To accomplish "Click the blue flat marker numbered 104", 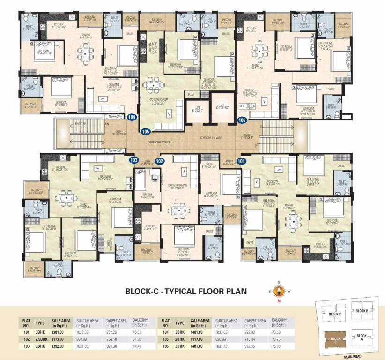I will [x=132, y=118].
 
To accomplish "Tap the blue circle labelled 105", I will [x=145, y=132].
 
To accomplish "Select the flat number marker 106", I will [x=242, y=120].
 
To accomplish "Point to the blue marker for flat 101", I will [x=241, y=161].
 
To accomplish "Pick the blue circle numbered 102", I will [x=160, y=161].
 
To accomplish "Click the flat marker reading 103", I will [x=134, y=160].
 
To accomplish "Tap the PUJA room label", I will [x=191, y=95].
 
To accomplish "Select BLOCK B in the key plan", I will [x=363, y=311].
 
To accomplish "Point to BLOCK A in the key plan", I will [x=362, y=336].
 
